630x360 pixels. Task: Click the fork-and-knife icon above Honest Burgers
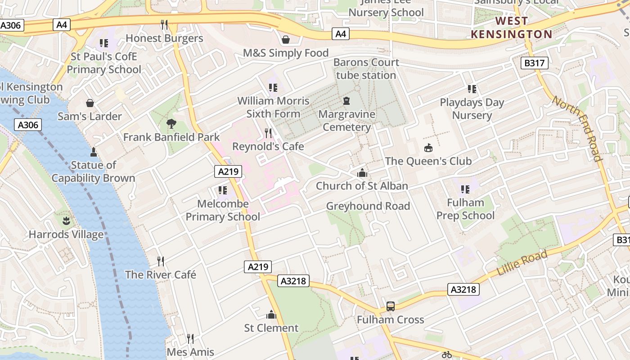[x=164, y=24]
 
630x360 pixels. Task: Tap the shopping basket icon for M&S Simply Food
[x=285, y=40]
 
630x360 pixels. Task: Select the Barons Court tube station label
[x=366, y=69]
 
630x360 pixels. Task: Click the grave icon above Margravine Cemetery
[x=346, y=100]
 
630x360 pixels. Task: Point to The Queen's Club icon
[x=428, y=148]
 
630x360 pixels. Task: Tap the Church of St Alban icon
[x=362, y=173]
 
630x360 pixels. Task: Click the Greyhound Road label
[x=368, y=206]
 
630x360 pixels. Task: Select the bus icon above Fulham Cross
[x=390, y=306]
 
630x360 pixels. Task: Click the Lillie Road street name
[x=522, y=263]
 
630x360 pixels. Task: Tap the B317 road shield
[x=534, y=63]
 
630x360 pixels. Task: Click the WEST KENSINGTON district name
[x=511, y=27]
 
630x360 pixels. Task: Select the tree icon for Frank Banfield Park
[x=171, y=124]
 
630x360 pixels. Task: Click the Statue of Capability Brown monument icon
[x=94, y=152]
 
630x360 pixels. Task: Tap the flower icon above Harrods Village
[x=66, y=221]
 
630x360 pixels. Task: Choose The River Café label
[x=161, y=274]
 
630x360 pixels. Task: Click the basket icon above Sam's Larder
[x=90, y=103]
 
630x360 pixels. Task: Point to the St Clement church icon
[x=271, y=314]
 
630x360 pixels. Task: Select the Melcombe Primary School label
[x=223, y=210]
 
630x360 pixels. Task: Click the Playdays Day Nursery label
[x=472, y=109]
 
